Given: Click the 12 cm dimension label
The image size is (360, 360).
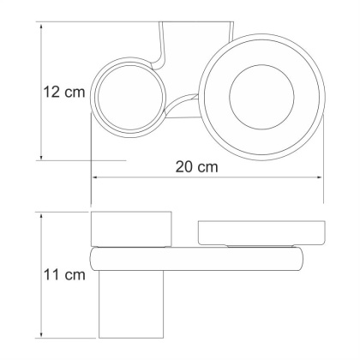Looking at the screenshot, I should pyautogui.click(x=61, y=91).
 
